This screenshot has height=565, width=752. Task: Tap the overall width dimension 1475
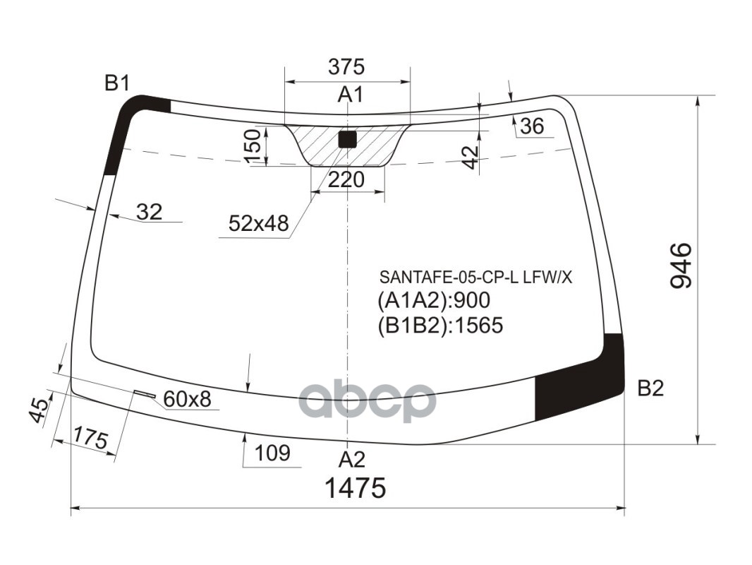point(355,488)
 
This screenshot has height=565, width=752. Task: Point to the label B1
point(117,83)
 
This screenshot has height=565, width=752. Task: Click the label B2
point(650,388)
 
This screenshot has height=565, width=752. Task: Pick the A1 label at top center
point(349,94)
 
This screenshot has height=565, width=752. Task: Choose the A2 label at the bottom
point(351,460)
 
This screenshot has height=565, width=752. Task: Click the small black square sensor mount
point(347,138)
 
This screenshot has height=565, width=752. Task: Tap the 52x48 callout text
point(259,224)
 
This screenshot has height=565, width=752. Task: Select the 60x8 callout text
point(187,400)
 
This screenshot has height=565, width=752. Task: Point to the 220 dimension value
point(346,180)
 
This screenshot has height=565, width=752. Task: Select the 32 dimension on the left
point(149,211)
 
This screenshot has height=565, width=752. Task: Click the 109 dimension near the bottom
point(272,453)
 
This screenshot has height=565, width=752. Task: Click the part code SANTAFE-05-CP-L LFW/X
point(476,278)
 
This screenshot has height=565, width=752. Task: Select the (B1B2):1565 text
point(440,325)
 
